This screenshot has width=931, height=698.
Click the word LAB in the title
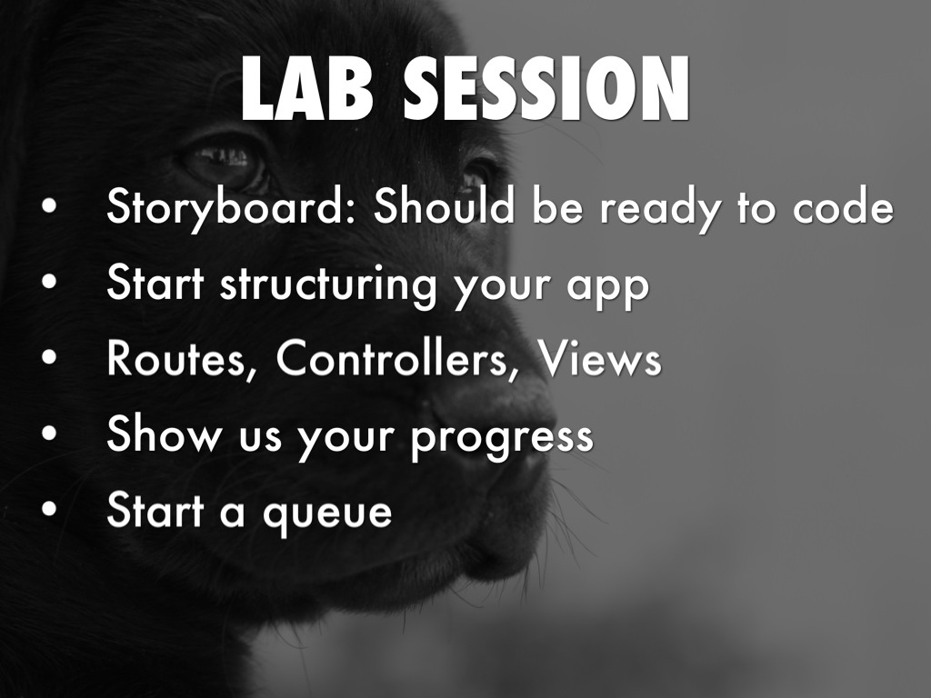click(x=307, y=89)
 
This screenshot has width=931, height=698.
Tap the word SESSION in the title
click(x=546, y=89)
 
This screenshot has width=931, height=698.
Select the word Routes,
click(x=176, y=359)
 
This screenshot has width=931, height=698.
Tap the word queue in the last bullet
click(x=327, y=515)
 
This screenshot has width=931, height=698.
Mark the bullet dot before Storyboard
click(x=50, y=206)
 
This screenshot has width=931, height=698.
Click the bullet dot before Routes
click(x=50, y=358)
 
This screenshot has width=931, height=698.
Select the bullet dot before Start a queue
click(x=50, y=509)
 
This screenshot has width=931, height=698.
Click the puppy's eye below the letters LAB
click(x=225, y=162)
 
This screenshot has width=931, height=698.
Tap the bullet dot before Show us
click(x=50, y=434)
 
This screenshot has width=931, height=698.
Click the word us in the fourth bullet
click(x=260, y=438)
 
